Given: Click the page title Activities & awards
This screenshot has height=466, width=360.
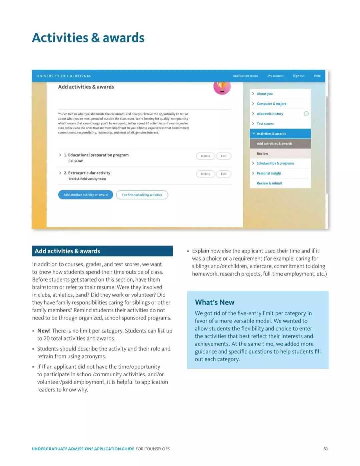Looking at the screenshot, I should click(x=88, y=38).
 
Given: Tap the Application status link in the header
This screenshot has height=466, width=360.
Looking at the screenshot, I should click(x=245, y=76).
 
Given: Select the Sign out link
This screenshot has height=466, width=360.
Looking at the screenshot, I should click(x=299, y=76).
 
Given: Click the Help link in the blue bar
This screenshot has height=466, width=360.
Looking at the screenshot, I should click(x=317, y=76).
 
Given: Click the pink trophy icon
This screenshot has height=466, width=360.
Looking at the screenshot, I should click(x=222, y=87).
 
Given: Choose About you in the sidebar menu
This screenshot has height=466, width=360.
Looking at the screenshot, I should click(x=265, y=94).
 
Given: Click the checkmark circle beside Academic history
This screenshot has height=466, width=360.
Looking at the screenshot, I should click(x=306, y=114).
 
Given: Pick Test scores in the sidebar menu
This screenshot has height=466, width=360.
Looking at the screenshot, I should click(x=265, y=124).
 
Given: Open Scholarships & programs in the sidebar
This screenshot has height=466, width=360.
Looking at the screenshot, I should click(x=275, y=163).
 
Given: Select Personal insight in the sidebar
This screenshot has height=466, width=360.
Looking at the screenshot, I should click(x=269, y=173).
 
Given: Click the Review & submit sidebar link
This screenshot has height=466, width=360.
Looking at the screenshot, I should click(x=269, y=183).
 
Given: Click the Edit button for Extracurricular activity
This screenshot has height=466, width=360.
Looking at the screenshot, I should click(x=224, y=174).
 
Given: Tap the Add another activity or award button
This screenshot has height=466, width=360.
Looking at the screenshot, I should click(x=86, y=195).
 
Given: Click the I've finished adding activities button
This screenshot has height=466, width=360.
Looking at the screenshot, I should click(x=142, y=195).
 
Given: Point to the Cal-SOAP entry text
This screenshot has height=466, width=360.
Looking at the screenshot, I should click(x=76, y=161).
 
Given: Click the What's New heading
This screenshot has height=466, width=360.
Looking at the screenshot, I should click(x=215, y=302).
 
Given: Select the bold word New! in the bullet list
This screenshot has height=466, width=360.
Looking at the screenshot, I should click(x=44, y=331).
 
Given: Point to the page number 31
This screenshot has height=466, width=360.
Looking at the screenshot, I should click(x=326, y=449).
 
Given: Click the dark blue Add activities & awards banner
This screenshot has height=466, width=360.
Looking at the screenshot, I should click(x=102, y=251).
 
